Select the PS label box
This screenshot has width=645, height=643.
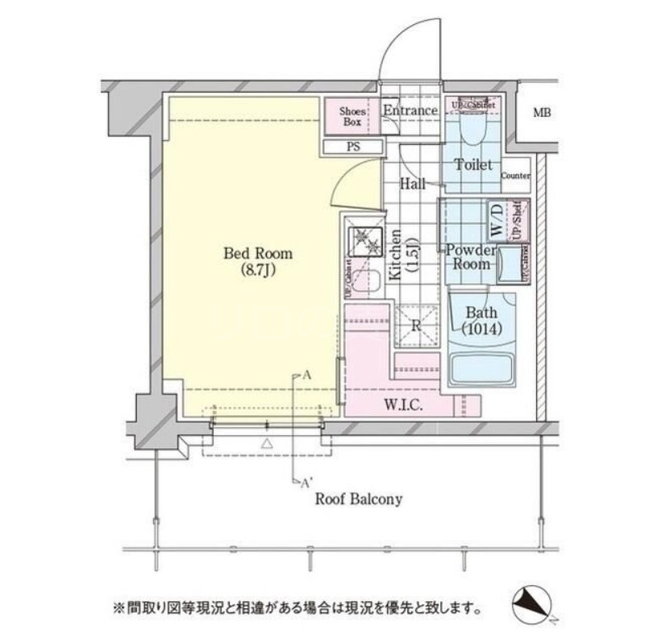click(x=353, y=147)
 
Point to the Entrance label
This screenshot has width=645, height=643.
click(x=410, y=110)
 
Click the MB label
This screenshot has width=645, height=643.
click(x=542, y=113)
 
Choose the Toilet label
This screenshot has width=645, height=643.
click(x=472, y=164)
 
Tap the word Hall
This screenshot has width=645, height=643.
click(x=414, y=185)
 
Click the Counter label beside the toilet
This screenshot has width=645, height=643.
click(x=515, y=176)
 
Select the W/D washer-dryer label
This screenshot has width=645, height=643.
click(x=497, y=219)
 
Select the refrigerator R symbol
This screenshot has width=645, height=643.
click(x=415, y=326)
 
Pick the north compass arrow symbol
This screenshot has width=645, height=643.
click(x=533, y=602)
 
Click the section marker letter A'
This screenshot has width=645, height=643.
click(x=306, y=484)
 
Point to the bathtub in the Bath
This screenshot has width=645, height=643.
click(x=481, y=370)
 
